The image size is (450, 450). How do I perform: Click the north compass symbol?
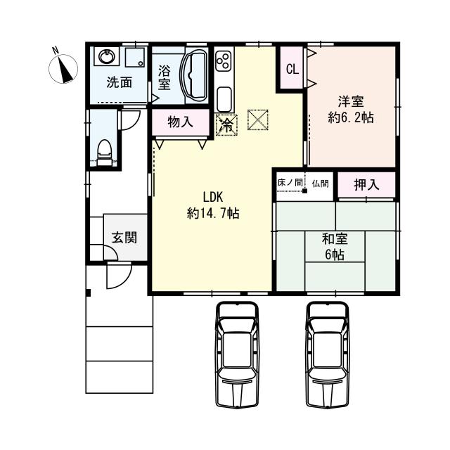tap(64, 67)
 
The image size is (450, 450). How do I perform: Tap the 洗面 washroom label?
tap(118, 82)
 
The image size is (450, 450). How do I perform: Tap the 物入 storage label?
tap(180, 122)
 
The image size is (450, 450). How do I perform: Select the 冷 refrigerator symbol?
tap(226, 124)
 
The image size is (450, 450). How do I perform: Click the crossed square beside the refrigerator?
tap(258, 121)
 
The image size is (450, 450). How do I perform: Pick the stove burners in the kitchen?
tap(224, 62)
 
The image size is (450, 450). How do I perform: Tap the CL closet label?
tap(291, 68)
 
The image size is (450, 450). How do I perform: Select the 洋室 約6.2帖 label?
tap(349, 110)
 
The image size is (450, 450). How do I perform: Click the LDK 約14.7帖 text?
tap(212, 205)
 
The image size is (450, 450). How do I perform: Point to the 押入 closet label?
tap(366, 185)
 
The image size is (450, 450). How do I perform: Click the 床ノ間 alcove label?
tap(289, 183)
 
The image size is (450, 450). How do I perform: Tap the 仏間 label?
tap(320, 183)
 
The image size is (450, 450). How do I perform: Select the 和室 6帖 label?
tap(334, 246)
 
